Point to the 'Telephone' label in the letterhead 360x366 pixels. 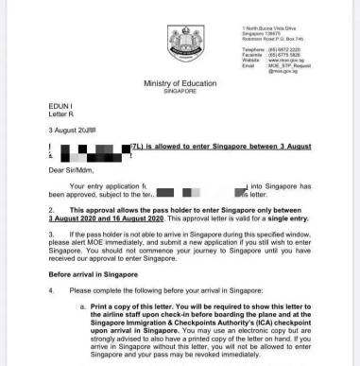tap(253, 46)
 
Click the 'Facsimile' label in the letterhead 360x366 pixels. tap(253, 52)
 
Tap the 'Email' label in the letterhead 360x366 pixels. tap(248, 63)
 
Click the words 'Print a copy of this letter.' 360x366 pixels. tap(138, 307)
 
